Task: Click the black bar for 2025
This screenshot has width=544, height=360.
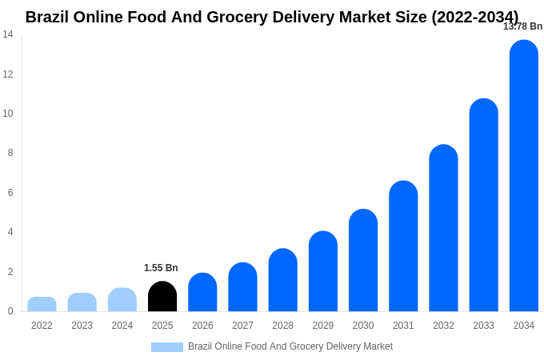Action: point(162,297)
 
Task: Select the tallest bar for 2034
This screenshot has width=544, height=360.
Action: point(524,176)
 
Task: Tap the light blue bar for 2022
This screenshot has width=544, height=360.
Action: point(42,305)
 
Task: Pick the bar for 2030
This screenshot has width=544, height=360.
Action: point(363,261)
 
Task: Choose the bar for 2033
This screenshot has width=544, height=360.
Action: point(483,206)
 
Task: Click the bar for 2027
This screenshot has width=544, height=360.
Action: point(242,287)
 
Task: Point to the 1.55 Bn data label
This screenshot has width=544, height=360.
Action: point(161,268)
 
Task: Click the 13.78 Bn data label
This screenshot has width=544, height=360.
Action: point(522,26)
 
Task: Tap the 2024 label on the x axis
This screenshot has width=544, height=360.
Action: point(122,326)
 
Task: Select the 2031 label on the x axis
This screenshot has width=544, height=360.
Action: point(403,326)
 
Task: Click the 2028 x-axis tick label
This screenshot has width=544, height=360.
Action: point(282,326)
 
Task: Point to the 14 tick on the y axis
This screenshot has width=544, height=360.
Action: point(8,34)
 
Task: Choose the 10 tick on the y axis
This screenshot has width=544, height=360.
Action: point(8,114)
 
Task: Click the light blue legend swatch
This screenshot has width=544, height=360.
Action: point(167,347)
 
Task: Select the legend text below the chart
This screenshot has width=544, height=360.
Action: point(290,346)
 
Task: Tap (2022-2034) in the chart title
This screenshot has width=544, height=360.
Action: point(474,17)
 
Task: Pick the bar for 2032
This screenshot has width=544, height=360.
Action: point(443,229)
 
